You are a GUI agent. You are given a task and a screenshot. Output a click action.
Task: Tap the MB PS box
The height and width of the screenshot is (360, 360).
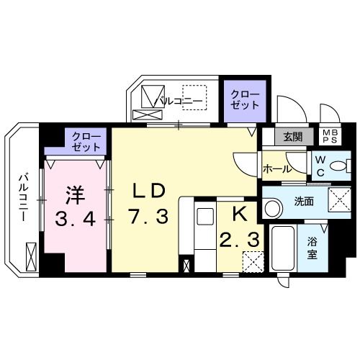coord(328,136)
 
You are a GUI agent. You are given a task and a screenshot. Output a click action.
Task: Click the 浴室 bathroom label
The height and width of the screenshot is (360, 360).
coord(312,249)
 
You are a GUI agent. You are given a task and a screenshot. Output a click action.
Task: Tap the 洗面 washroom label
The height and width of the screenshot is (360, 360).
coord(304,202)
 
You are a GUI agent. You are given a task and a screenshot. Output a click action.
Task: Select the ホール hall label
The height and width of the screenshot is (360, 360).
coord(277,169)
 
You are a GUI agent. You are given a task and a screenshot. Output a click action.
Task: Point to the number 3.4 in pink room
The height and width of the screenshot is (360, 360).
coord(75,219)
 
